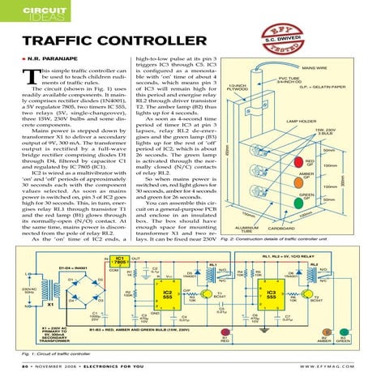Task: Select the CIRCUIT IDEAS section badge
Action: (28, 14)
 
